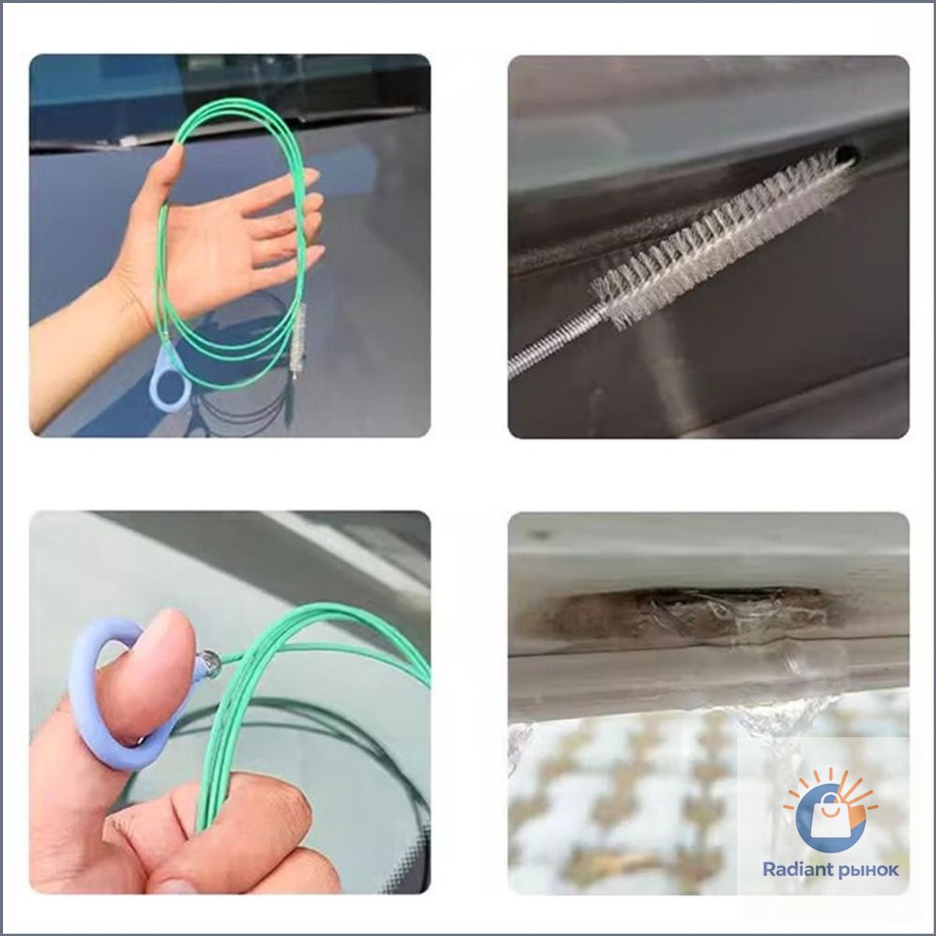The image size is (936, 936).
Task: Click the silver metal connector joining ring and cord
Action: [x=210, y=662]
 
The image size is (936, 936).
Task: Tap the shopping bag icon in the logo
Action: [x=831, y=814]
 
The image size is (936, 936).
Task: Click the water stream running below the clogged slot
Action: [x=705, y=719]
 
